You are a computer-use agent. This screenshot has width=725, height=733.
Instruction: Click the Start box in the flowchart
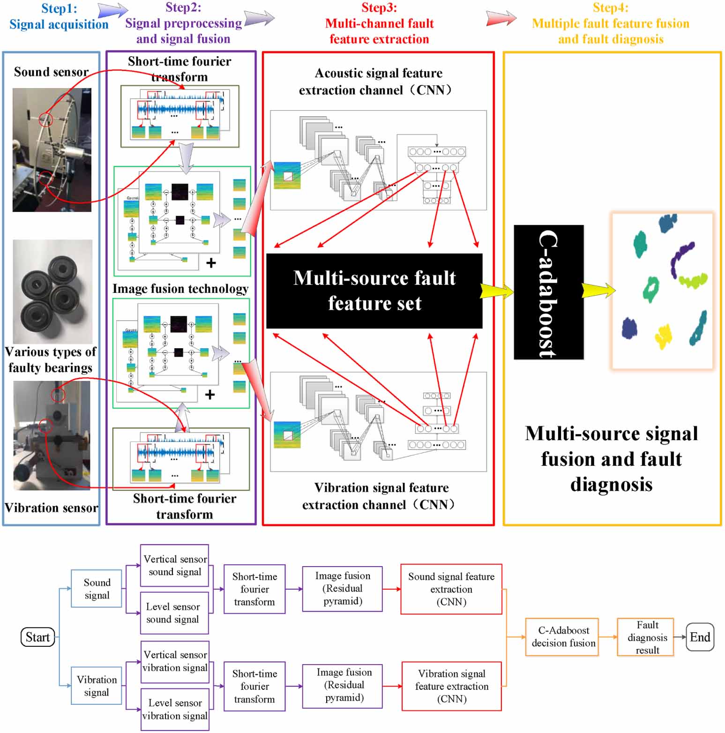[x=37, y=637]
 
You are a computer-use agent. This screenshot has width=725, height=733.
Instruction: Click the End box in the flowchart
[x=699, y=637]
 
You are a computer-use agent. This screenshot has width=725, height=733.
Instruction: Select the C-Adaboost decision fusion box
[x=563, y=637]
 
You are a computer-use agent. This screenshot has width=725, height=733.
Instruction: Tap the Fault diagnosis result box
[x=647, y=637]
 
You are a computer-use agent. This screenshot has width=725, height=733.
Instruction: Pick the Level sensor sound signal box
[x=174, y=613]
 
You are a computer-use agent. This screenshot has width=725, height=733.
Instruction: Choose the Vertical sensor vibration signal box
[x=175, y=661]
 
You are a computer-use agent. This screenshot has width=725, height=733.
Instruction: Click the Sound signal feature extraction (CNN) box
[x=451, y=589]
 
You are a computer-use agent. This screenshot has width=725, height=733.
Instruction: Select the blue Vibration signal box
[x=97, y=686]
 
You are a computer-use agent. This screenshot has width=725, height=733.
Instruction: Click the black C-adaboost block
[x=548, y=292]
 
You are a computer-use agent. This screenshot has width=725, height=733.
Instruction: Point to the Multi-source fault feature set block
[x=374, y=291]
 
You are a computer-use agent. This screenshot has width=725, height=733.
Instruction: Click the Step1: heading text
[x=59, y=8]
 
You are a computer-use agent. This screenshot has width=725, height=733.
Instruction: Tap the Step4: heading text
[x=610, y=7]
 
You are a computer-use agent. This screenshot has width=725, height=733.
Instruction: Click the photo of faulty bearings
[x=52, y=292]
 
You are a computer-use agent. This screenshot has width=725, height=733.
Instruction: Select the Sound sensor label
[x=51, y=72]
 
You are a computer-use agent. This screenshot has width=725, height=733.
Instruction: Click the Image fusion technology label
[x=180, y=289]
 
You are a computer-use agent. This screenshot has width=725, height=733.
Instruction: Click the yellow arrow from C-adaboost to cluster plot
[x=598, y=291]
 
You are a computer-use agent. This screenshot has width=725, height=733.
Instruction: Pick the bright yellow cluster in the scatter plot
[x=663, y=336]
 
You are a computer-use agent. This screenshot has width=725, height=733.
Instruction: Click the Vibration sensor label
[x=51, y=508]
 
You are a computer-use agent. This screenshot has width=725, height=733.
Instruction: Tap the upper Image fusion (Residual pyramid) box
[x=342, y=589]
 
